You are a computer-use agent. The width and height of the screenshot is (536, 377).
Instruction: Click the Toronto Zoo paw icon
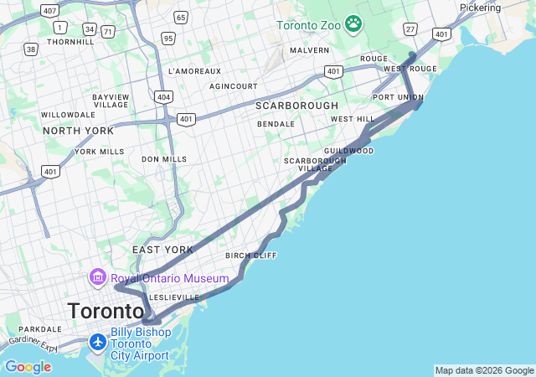point(353,24)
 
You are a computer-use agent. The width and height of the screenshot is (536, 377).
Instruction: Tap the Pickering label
point(480,8)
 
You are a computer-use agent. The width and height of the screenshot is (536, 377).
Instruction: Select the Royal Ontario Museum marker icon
point(97,277)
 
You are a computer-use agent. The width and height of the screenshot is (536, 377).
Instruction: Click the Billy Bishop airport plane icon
point(99,343)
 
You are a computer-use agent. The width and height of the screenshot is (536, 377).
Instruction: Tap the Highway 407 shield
point(49,11)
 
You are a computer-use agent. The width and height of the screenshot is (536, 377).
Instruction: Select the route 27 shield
point(410,28)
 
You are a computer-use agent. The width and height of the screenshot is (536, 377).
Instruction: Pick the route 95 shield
point(168,38)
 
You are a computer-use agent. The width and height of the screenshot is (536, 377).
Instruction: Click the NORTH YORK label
point(78,131)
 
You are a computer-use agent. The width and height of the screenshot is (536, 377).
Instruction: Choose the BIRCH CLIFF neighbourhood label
point(251,256)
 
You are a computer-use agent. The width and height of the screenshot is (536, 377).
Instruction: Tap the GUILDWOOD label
point(348,151)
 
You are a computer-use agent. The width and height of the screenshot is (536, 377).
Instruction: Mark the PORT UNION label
point(398,97)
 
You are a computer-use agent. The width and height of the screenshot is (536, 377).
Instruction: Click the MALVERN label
point(309,50)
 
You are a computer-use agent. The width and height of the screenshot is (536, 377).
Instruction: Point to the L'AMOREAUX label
point(194,71)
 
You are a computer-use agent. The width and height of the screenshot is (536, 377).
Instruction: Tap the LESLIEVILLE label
point(174,297)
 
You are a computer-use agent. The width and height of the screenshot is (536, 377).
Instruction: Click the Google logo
point(28,367)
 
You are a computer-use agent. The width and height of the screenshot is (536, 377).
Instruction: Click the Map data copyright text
point(484,370)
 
